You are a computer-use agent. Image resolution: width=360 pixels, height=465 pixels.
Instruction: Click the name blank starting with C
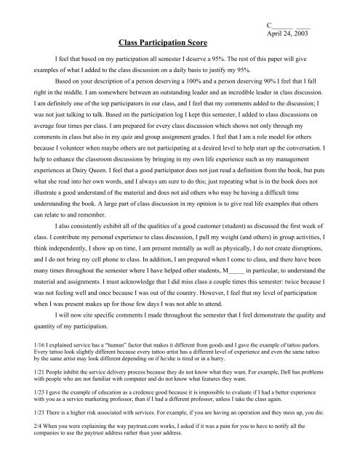tap(290, 23)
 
